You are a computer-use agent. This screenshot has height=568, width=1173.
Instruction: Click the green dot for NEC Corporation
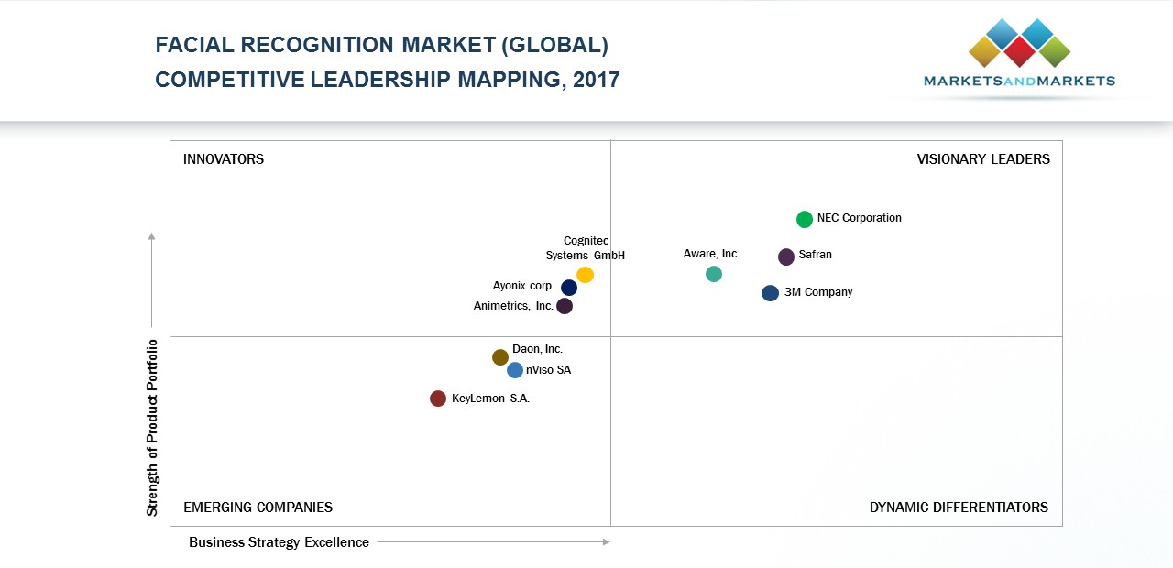click(805, 219)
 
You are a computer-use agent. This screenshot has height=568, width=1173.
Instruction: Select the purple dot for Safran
click(786, 257)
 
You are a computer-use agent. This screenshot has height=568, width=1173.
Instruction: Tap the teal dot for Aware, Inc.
click(714, 274)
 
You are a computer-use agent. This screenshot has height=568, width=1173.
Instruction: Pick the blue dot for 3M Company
click(771, 293)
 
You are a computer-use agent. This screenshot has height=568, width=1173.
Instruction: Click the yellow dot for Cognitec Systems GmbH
click(586, 275)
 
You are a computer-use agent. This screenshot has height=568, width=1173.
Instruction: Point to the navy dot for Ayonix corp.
click(569, 288)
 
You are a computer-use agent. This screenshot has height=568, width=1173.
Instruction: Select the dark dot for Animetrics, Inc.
click(565, 306)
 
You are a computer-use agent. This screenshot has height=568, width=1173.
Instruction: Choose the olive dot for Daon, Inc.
click(500, 357)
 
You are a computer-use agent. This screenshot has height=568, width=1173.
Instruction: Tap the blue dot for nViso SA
click(515, 370)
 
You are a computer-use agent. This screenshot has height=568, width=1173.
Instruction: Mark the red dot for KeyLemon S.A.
click(438, 399)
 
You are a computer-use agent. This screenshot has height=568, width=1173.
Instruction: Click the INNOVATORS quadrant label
click(224, 159)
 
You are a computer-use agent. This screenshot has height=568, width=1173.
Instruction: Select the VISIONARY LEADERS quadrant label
click(983, 159)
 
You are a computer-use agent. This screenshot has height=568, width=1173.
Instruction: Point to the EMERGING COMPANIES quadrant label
click(258, 508)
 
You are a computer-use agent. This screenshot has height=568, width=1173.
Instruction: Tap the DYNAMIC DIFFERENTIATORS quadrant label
click(959, 508)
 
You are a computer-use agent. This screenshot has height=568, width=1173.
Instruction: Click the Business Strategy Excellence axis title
click(279, 542)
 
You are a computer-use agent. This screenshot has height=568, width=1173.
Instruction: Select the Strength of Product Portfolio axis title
click(153, 427)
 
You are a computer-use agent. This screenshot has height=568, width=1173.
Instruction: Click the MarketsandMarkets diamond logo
click(1019, 43)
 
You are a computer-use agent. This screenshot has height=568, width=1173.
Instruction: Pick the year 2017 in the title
click(597, 80)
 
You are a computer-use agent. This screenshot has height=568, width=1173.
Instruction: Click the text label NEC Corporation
click(860, 218)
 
